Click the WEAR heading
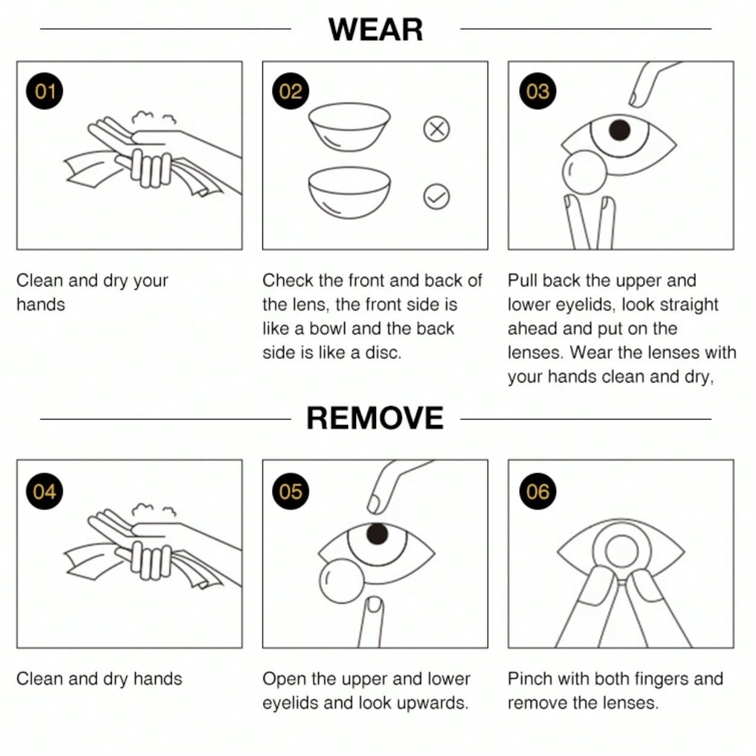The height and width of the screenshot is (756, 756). point(375,30)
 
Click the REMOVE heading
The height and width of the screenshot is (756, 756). point(375,418)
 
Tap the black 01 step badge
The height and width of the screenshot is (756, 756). point(45,91)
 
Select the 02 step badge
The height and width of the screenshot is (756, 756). point(291,91)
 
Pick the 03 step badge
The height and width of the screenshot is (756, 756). point(537,91)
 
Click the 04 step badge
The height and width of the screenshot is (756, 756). point(45,491)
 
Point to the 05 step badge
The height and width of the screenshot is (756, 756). point(291,491)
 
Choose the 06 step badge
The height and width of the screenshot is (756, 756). point(537,491)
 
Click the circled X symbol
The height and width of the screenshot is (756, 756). point(437,129)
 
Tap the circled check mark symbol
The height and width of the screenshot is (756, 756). point(437,196)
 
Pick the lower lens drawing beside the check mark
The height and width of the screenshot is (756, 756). point(349,193)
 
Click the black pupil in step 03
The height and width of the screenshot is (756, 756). point(619,130)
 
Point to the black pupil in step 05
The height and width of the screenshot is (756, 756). point(377,534)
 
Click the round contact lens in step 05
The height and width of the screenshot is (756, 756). point(342,581)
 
